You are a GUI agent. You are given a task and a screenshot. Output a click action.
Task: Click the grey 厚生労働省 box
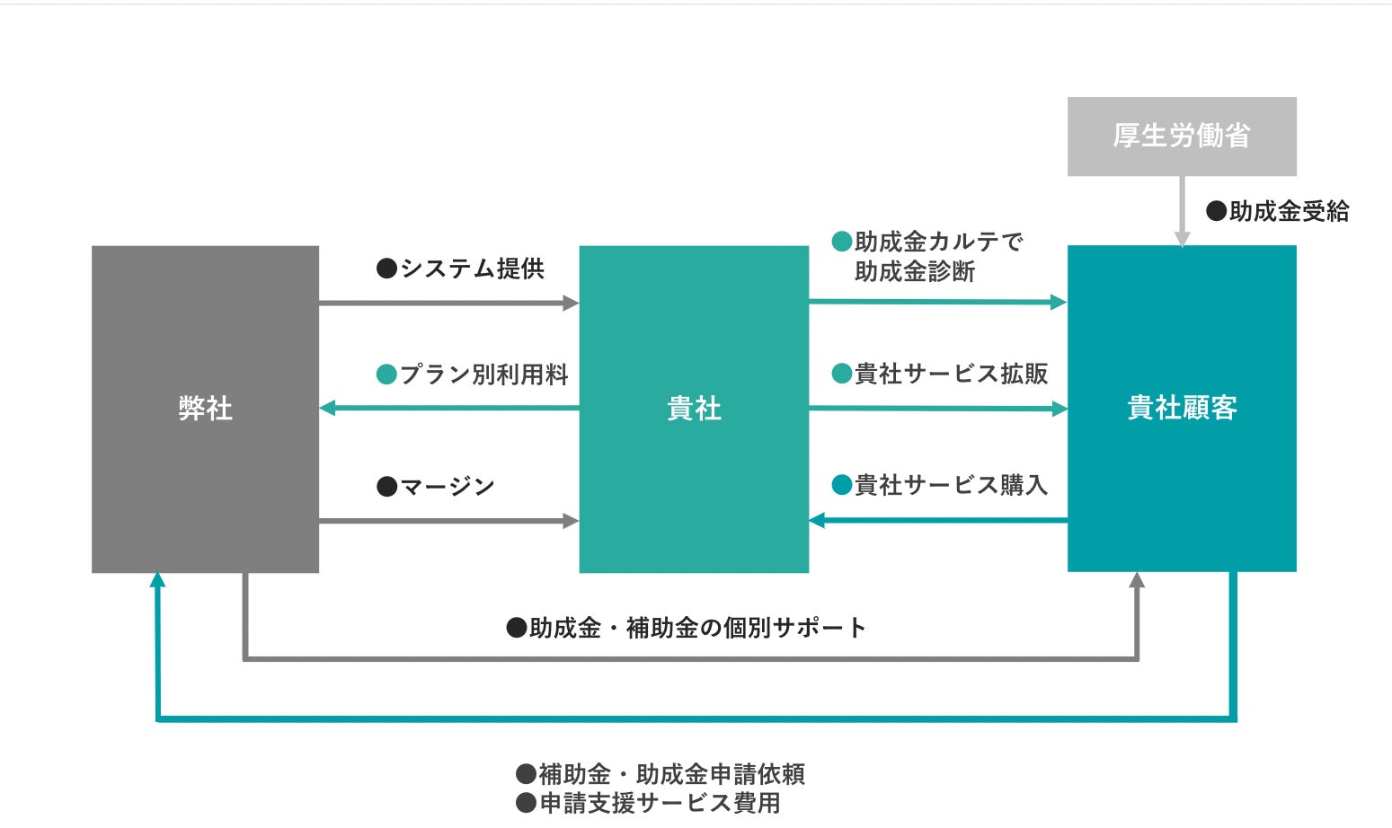[1181, 136]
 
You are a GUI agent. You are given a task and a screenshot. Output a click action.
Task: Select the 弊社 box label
[205, 409]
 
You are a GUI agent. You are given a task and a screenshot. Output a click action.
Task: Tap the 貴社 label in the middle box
[694, 409]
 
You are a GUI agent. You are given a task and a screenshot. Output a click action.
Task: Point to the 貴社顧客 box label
[1182, 408]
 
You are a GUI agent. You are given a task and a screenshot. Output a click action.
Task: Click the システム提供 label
[471, 269]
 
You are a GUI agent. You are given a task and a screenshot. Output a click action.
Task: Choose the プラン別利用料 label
[483, 374]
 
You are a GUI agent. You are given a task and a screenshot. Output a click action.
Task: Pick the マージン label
[447, 487]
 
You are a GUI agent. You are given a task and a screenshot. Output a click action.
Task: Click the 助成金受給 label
[1289, 211]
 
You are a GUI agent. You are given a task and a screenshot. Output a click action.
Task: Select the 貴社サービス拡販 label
[951, 374]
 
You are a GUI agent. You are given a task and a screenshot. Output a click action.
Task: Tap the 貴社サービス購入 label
[951, 485]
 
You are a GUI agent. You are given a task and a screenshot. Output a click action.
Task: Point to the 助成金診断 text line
[915, 271]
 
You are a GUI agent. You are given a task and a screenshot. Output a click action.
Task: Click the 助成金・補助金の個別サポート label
[697, 628]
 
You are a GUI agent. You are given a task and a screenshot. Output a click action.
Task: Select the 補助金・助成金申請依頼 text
[671, 773]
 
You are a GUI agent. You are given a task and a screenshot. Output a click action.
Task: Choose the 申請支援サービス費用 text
[660, 803]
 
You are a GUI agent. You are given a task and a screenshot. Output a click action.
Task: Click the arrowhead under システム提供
[571, 303]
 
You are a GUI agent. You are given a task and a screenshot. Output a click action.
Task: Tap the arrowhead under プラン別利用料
[328, 408]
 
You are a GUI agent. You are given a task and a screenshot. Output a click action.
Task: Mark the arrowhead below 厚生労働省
[1182, 239]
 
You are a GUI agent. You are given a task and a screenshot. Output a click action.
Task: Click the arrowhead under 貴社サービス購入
[817, 520]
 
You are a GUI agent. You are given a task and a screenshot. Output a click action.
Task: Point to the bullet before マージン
[386, 487]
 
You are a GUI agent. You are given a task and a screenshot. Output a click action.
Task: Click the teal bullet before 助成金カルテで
[842, 242]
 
